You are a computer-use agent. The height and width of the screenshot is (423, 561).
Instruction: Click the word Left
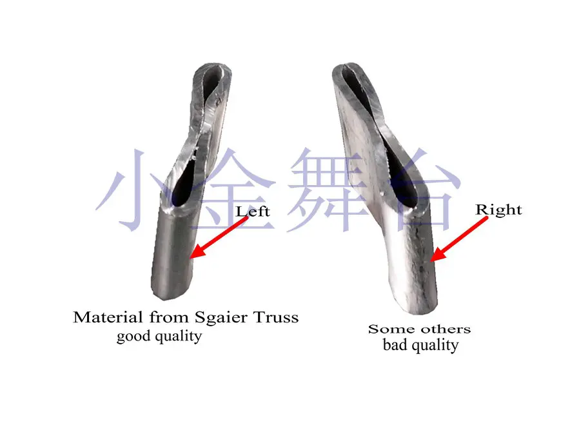point(253,211)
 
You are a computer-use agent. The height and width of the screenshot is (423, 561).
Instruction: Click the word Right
point(498,210)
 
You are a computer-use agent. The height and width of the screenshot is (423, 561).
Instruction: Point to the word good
point(133,337)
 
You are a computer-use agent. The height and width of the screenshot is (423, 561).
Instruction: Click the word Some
point(391,329)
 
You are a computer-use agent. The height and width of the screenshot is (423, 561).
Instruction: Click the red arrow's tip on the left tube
point(193,258)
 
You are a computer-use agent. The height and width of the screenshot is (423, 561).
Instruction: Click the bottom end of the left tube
point(170,293)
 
